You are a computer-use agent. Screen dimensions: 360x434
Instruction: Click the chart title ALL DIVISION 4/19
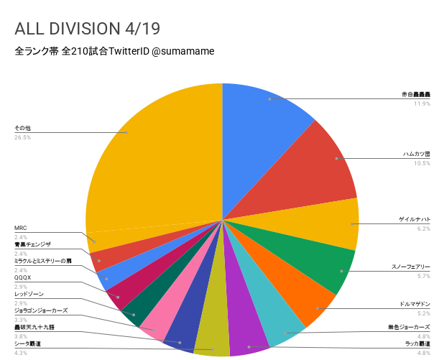coord(87,28)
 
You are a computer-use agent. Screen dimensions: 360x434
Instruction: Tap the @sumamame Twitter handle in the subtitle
coord(182,52)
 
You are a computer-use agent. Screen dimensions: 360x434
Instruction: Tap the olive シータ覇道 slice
coord(213,341)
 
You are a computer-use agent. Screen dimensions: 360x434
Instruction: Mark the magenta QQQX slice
coord(119,290)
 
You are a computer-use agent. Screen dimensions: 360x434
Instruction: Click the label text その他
coord(22,128)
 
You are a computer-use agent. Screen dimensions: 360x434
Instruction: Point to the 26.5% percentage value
coord(22,137)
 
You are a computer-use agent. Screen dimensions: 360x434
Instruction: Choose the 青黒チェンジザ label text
coord(32,244)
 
